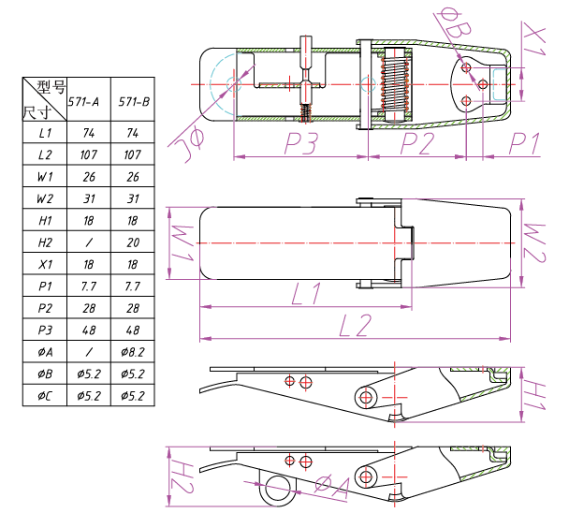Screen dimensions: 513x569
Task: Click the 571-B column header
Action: [133, 102]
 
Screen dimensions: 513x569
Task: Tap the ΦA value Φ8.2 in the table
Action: [133, 352]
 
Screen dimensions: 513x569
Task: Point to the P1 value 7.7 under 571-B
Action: [133, 286]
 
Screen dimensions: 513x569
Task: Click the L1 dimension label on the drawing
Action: [305, 294]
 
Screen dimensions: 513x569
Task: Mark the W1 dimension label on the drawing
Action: [183, 242]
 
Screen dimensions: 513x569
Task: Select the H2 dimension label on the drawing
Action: [182, 476]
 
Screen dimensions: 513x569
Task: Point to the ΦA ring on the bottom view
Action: [277, 486]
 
